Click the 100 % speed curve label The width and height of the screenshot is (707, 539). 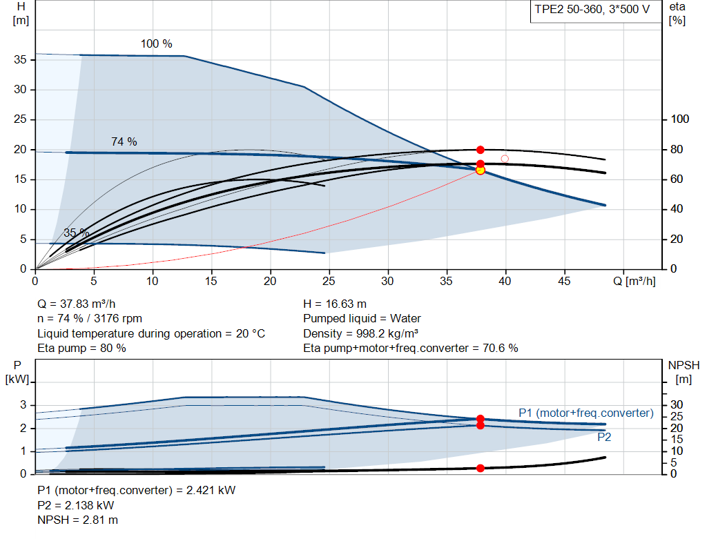pos(157,44)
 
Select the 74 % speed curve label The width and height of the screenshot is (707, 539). pos(124,141)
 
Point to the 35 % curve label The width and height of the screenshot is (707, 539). pos(77,233)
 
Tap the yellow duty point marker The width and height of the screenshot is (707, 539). pos(481,170)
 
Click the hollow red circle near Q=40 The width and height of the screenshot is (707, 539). pos(505,159)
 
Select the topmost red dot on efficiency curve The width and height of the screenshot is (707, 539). pos(481,150)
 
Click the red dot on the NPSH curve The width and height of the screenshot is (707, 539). pos(481,468)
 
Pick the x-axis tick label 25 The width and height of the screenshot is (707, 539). pos(329,281)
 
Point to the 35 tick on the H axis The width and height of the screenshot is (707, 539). pos(21,60)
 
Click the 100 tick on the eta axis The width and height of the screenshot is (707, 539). pos(680,119)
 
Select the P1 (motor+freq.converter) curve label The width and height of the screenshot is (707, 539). pos(585,413)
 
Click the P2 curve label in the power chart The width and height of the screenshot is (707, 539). pos(604,437)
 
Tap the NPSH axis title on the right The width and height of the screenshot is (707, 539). pos(680,371)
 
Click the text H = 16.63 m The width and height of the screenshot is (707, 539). pos(335,304)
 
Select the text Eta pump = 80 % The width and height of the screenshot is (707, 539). pos(81,349)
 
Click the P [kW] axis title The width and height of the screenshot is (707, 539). pos(17,371)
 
